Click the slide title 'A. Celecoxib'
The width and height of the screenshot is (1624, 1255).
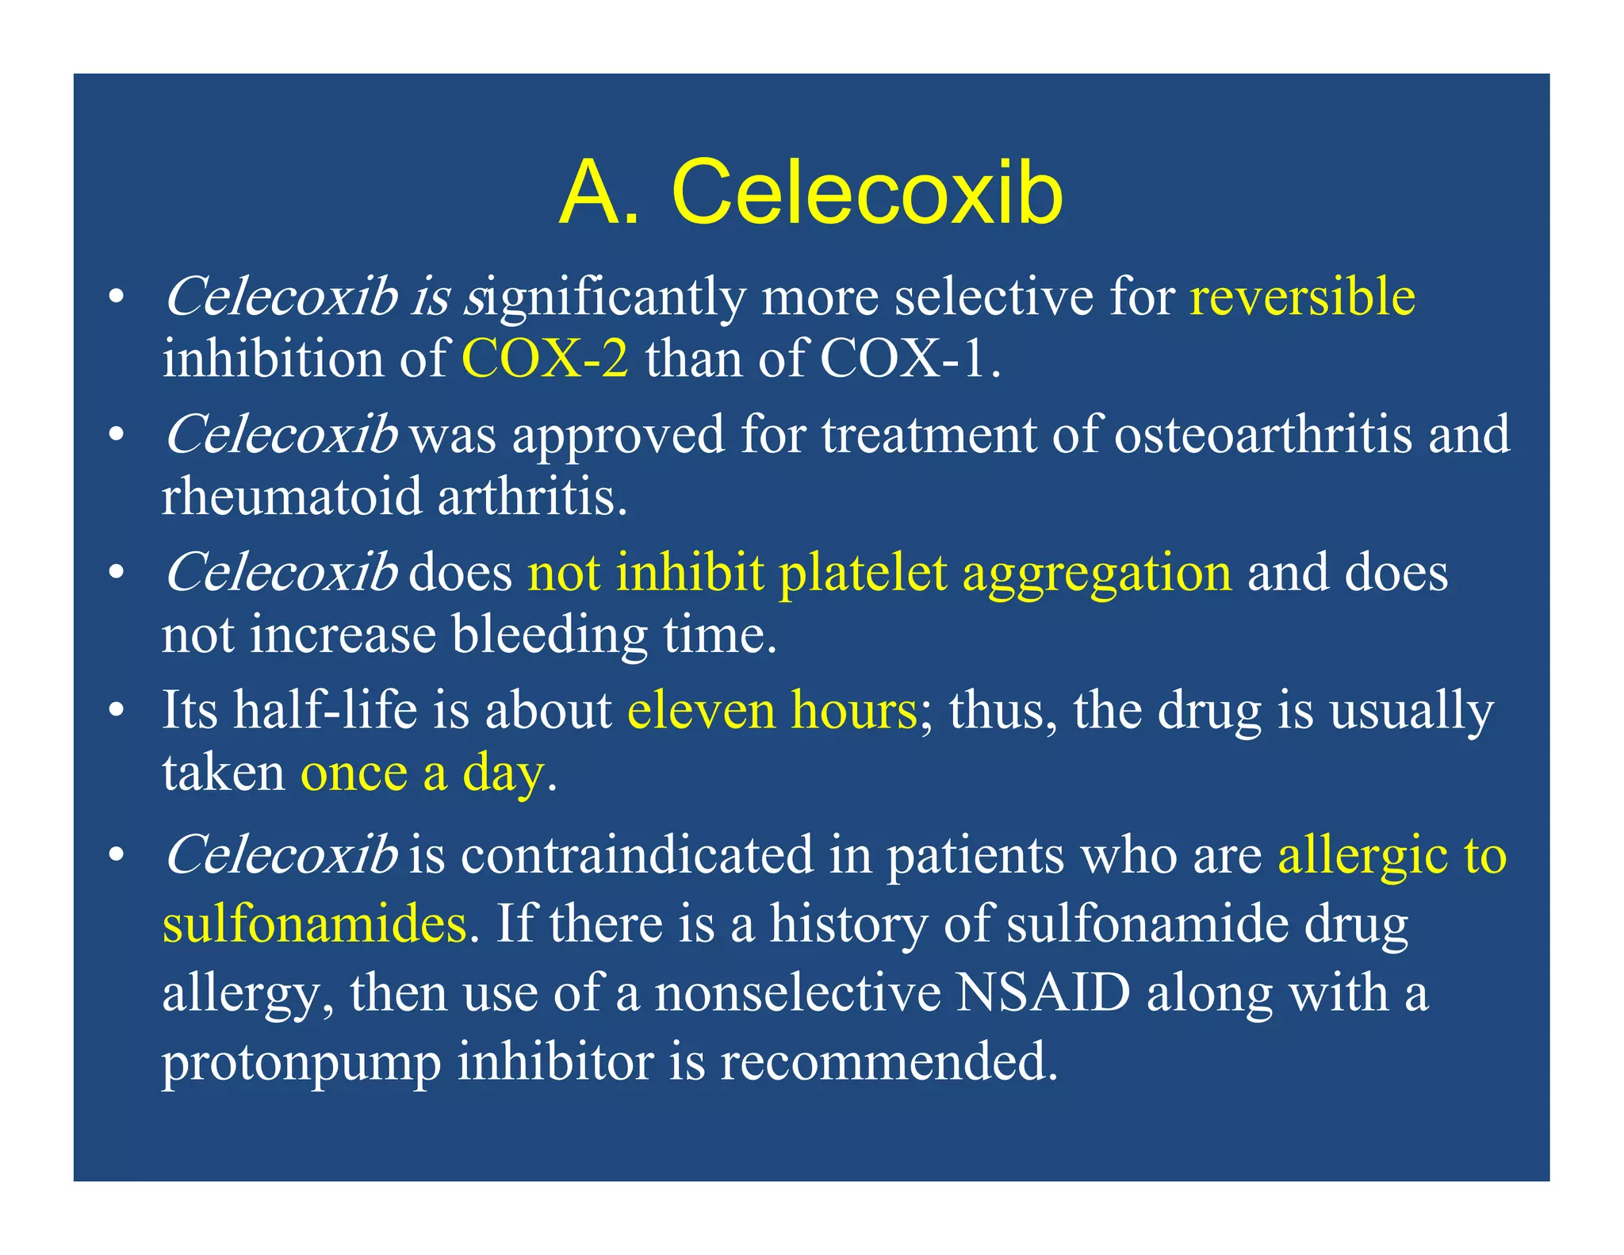pyautogui.click(x=810, y=193)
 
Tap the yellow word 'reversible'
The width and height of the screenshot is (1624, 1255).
pyautogui.click(x=1302, y=297)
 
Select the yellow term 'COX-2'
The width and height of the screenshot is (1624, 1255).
pyautogui.click(x=545, y=359)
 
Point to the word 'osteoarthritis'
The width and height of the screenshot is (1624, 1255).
pyautogui.click(x=1262, y=435)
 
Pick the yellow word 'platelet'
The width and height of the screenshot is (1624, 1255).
pyautogui.click(x=863, y=572)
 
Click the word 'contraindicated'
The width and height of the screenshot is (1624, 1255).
pyautogui.click(x=637, y=855)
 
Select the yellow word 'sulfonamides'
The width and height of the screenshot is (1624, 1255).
pyautogui.click(x=314, y=924)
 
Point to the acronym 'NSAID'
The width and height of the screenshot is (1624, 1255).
pyautogui.click(x=1043, y=992)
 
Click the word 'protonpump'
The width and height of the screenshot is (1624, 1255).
pyautogui.click(x=301, y=1063)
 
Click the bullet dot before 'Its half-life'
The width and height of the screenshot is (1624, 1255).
pyautogui.click(x=117, y=709)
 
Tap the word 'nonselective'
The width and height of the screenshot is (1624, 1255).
pyautogui.click(x=798, y=992)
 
